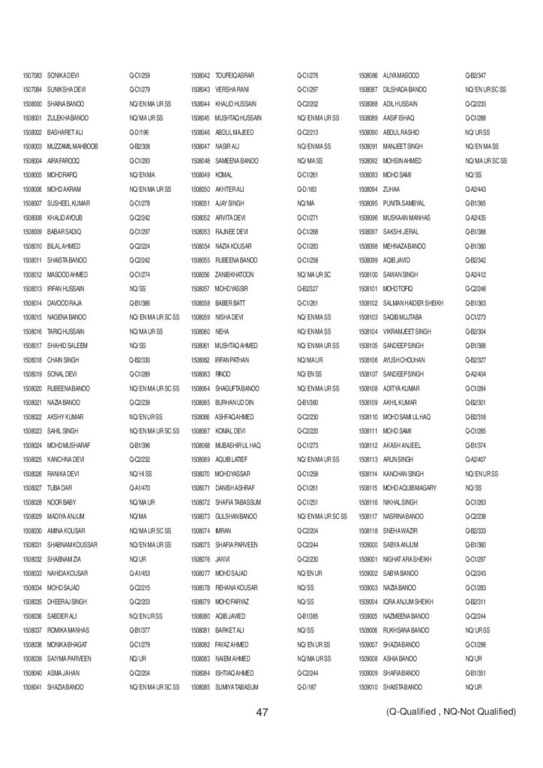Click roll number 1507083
pyautogui.click(x=32, y=76)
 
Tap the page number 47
pyautogui.click(x=262, y=712)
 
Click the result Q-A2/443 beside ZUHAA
pyautogui.click(x=476, y=189)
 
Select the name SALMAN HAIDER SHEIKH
pyautogui.click(x=412, y=303)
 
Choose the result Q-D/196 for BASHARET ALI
pyautogui.click(x=139, y=132)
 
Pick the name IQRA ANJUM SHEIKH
pyautogui.click(x=409, y=601)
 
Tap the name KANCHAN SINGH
pyautogui.click(x=403, y=473)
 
